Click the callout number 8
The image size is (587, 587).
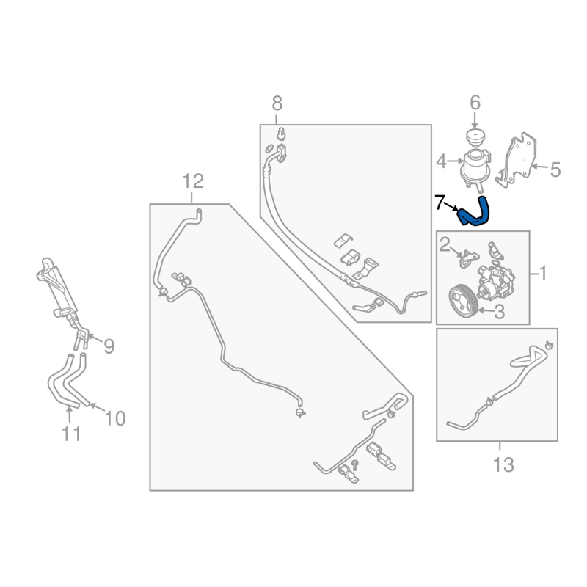click(x=277, y=103)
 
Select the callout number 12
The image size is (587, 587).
click(x=192, y=181)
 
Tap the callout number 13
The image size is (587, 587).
click(x=503, y=464)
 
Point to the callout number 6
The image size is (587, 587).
click(x=475, y=102)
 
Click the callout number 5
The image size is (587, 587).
click(x=555, y=170)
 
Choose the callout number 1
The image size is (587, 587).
click(x=543, y=274)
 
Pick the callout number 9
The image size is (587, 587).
click(x=109, y=346)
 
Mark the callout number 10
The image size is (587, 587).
click(x=115, y=418)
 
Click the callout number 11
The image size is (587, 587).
click(x=70, y=434)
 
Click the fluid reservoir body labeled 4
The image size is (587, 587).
click(x=475, y=167)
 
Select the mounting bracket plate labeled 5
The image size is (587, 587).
click(x=522, y=158)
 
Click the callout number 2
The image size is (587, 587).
click(x=445, y=243)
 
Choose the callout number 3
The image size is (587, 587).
click(x=499, y=312)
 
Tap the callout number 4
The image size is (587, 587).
click(x=442, y=161)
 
